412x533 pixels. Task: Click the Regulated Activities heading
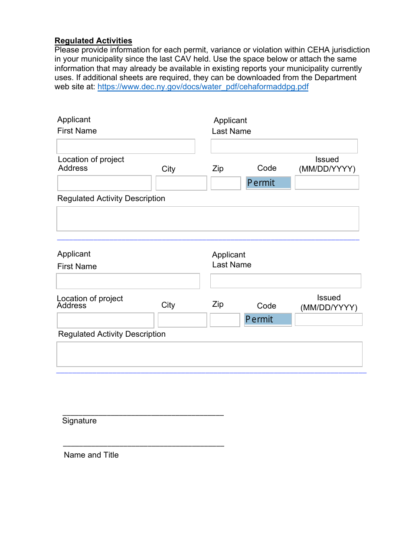tap(93, 41)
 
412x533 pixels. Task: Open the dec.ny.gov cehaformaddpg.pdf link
tap(203, 87)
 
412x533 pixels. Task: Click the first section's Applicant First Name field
tap(126, 146)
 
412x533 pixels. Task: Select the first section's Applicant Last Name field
tap(284, 146)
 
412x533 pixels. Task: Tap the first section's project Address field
tap(105, 183)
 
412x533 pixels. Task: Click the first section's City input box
tap(181, 183)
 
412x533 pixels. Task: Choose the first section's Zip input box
tap(226, 183)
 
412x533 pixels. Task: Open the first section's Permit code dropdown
tap(268, 183)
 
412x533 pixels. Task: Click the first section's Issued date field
tap(327, 182)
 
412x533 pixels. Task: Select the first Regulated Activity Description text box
tap(208, 219)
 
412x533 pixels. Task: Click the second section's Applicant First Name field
tap(128, 281)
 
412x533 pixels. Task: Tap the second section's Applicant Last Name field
tap(285, 281)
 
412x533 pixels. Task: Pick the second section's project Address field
tap(105, 321)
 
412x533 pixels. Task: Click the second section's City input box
tap(182, 321)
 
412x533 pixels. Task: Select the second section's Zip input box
tap(225, 320)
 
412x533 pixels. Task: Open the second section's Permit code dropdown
tap(268, 319)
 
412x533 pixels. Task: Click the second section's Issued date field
tap(328, 320)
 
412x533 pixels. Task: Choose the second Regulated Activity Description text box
tap(209, 354)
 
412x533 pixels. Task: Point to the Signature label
tap(79, 421)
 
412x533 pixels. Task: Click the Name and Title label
tap(91, 455)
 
